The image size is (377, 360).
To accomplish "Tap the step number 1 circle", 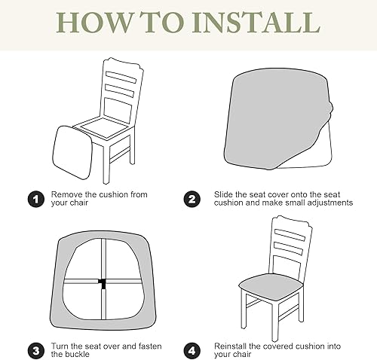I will (35, 200).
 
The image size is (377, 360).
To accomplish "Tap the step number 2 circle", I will (193, 200).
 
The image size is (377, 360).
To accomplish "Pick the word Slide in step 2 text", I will (225, 194).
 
